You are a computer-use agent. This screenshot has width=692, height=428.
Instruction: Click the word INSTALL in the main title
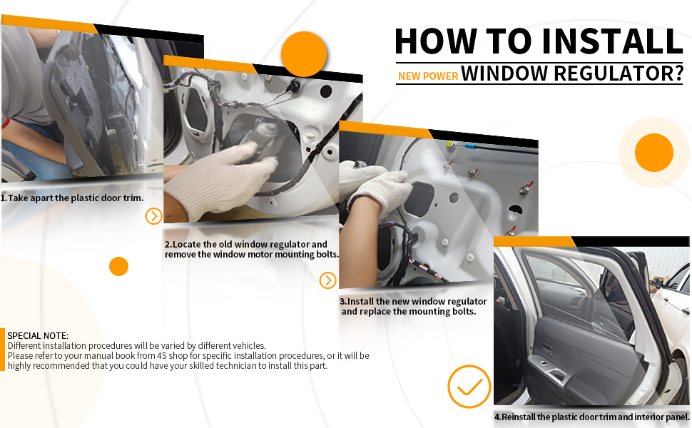coord(613,41)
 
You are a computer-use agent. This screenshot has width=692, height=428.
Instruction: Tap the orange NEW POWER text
coord(428,76)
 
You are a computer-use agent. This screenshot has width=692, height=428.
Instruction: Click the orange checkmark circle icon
coord(469,387)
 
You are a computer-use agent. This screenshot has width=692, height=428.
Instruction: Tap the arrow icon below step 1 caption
coord(153,216)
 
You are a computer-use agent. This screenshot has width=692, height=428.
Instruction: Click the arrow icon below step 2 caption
coord(328,280)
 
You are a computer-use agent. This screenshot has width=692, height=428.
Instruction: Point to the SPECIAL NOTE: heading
coord(38,335)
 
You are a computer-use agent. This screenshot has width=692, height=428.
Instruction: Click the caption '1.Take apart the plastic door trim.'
coord(72,198)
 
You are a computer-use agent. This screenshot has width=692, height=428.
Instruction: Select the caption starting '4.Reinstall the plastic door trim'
coord(592,417)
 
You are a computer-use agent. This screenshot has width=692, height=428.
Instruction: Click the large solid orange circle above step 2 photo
coord(304,54)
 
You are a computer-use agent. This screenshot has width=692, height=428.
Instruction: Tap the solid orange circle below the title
coord(654,153)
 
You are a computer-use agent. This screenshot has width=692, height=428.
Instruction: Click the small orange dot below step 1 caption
coord(118,267)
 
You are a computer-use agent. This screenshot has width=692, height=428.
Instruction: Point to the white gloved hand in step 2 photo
coord(220,179)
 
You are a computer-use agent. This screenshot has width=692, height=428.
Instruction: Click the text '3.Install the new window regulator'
coord(413,301)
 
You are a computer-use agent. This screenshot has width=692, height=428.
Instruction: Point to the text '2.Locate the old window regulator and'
coord(246,245)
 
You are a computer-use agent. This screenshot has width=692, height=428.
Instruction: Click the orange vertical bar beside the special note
coord(2,350)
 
